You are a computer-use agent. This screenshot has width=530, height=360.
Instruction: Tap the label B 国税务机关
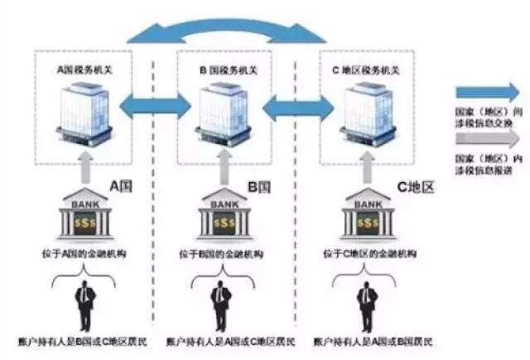[224, 70]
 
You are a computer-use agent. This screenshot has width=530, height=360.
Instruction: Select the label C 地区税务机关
[365, 70]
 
